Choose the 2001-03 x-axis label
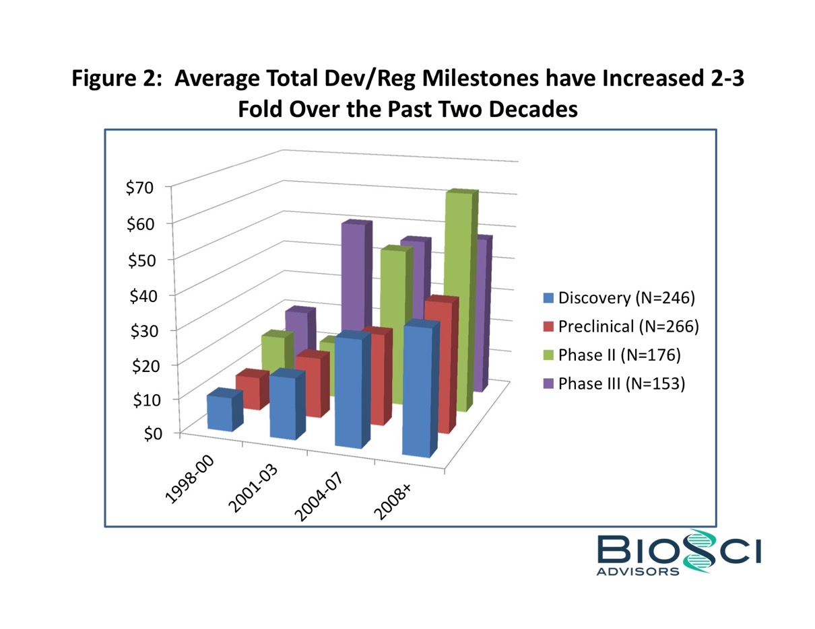click(x=257, y=489)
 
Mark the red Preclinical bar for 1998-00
click(x=247, y=392)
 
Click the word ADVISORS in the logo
click(x=638, y=571)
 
